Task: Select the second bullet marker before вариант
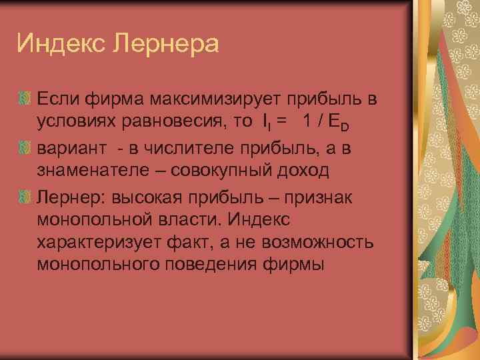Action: tap(25, 146)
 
